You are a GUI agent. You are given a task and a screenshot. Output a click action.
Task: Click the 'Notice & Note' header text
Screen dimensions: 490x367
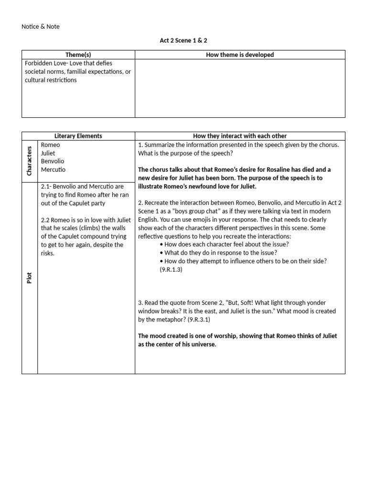tap(41, 27)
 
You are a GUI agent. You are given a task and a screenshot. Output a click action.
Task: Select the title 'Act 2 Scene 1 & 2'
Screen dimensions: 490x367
tap(183, 41)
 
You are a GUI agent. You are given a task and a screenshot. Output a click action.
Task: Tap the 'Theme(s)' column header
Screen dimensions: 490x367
tap(78, 55)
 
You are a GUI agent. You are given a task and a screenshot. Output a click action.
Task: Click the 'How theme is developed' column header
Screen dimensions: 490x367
tap(240, 55)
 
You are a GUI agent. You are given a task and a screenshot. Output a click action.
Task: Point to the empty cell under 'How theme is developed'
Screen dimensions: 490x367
tap(240, 89)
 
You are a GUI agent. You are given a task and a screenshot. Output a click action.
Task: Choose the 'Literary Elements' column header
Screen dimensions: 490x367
tap(78, 136)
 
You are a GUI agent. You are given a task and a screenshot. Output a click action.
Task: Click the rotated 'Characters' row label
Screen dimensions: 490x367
tap(30, 161)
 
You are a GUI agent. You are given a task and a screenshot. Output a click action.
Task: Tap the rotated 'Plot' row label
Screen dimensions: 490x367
tap(30, 278)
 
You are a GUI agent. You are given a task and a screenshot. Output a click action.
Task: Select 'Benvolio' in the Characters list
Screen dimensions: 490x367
tap(53, 161)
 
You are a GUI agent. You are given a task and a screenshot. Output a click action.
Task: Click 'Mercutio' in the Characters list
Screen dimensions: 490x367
tap(54, 170)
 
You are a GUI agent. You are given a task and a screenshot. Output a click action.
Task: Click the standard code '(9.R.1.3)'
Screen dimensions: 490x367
tap(171, 269)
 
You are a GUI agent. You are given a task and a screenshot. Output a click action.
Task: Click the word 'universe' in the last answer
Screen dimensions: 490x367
tap(204, 344)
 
